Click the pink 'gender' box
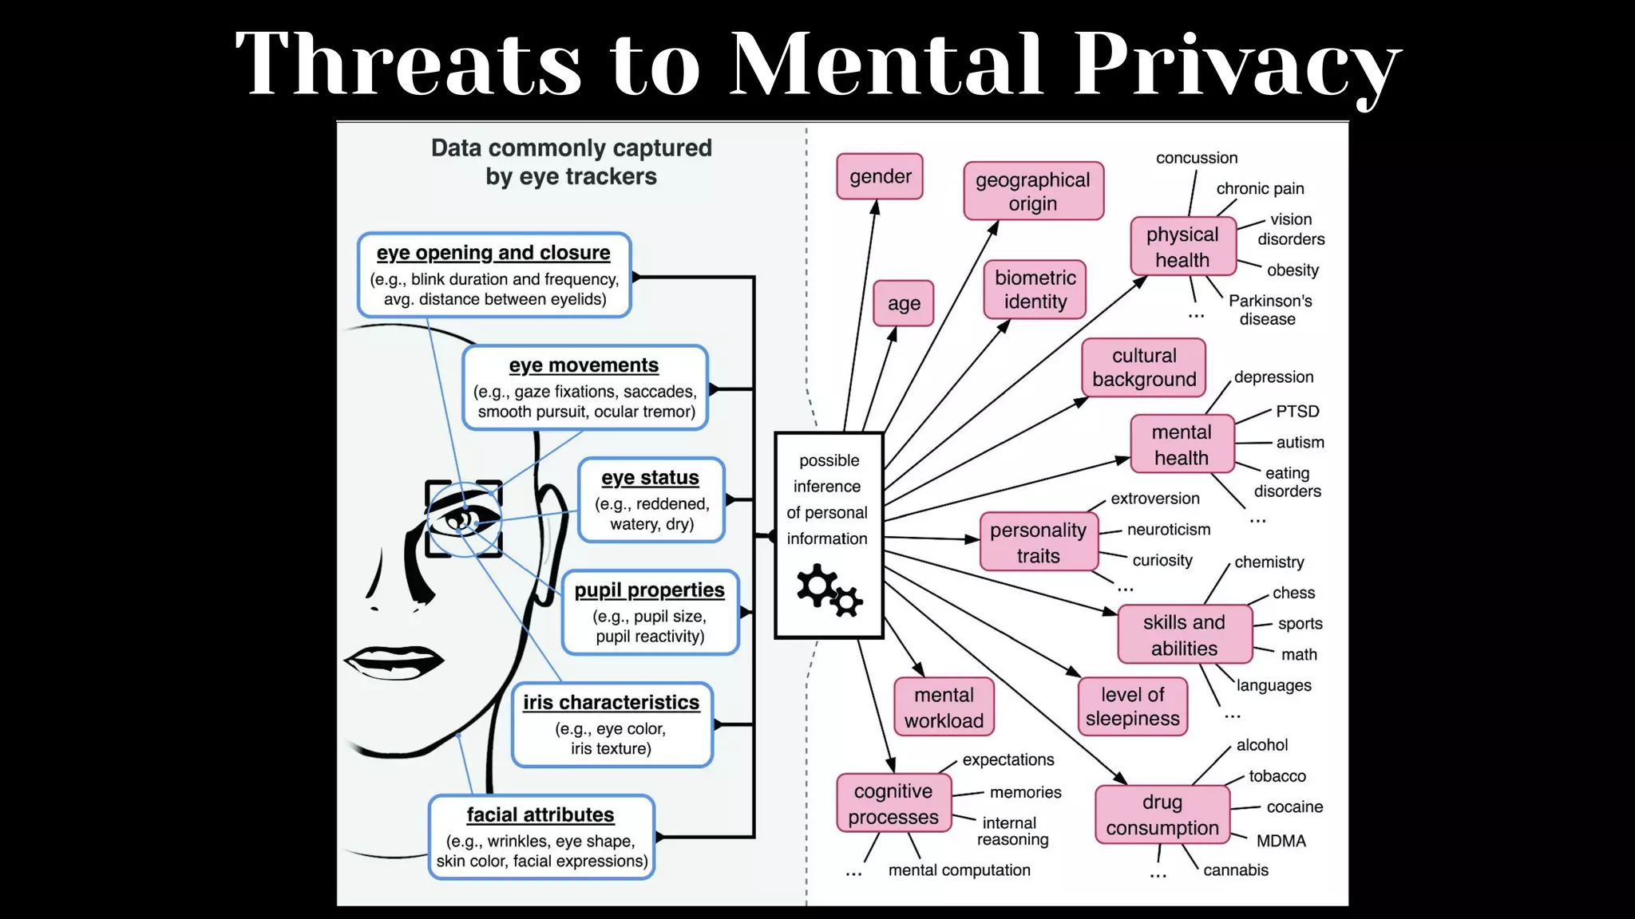[880, 176]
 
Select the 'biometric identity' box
[1035, 290]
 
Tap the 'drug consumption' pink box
[1162, 814]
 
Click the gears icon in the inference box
[829, 590]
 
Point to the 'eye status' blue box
[651, 500]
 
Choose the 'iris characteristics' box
[612, 724]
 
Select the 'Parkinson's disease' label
[1269, 310]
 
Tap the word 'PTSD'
[1297, 411]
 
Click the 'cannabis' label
[1235, 870]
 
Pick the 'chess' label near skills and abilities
[1293, 593]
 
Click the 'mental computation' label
[959, 870]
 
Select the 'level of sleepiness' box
[1132, 706]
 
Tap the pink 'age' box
[904, 303]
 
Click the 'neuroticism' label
[1169, 530]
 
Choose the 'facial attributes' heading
[540, 814]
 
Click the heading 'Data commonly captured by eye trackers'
[571, 162]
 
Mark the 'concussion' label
[1197, 158]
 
